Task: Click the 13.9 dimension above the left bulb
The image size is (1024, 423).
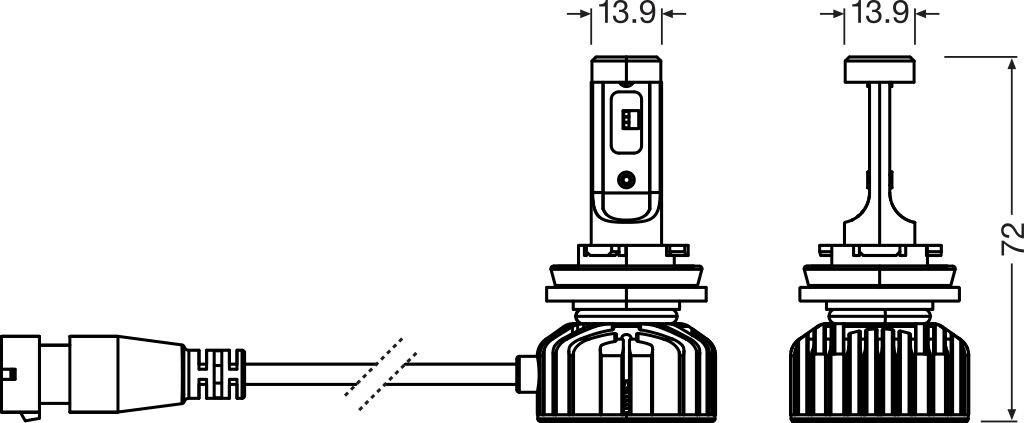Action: click(626, 14)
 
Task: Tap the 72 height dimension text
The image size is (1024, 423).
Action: click(1012, 237)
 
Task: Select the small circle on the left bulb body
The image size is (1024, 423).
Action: click(627, 180)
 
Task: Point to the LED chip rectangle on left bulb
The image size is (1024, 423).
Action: click(627, 118)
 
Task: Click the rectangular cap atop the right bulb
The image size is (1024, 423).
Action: click(880, 69)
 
